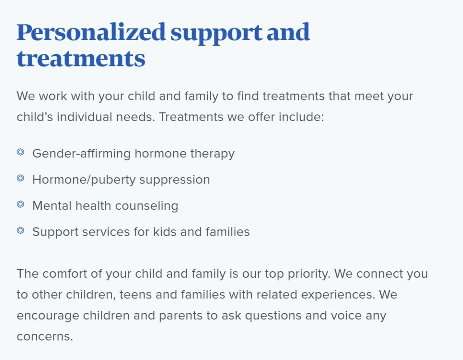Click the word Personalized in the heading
(x=91, y=33)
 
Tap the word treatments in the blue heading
(x=81, y=59)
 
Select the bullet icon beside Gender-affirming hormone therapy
(x=20, y=152)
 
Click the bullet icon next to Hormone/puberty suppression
(x=20, y=178)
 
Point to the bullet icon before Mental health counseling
(x=20, y=204)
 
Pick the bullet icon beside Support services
(x=20, y=230)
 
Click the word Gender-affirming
(x=81, y=154)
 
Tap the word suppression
(x=175, y=180)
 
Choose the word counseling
(x=146, y=206)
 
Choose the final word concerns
(x=45, y=336)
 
